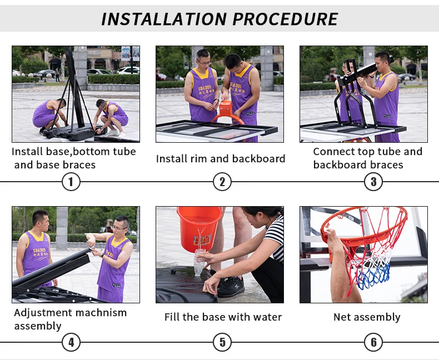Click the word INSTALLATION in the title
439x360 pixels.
(164, 19)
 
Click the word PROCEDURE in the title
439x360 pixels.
(285, 19)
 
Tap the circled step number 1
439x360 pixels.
(71, 182)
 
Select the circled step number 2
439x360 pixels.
(222, 182)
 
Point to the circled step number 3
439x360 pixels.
(373, 182)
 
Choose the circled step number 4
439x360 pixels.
(71, 342)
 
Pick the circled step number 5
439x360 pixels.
(222, 342)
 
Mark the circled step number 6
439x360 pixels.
(373, 342)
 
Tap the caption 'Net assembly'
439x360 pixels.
(367, 317)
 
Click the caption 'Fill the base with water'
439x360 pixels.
(223, 317)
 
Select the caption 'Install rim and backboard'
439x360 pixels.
(221, 159)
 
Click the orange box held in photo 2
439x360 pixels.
(225, 108)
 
